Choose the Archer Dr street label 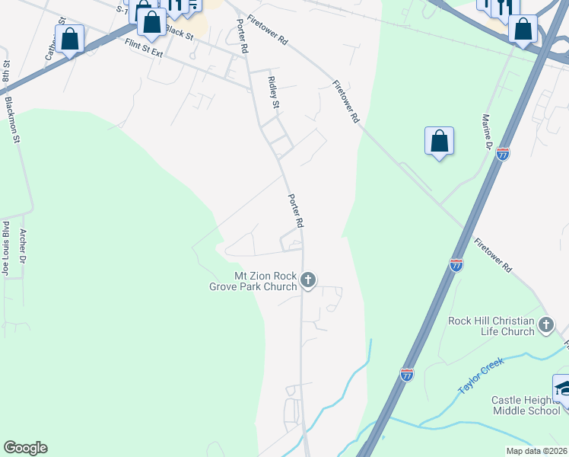24,247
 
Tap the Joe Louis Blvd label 6,250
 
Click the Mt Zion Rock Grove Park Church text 254,281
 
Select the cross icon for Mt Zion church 308,280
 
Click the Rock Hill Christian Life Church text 491,326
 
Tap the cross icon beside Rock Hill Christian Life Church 546,326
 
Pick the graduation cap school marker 564,389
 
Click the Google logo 25,448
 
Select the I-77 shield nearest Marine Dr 502,154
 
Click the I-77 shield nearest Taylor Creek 407,374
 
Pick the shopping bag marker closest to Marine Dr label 439,142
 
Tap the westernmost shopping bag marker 70,40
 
